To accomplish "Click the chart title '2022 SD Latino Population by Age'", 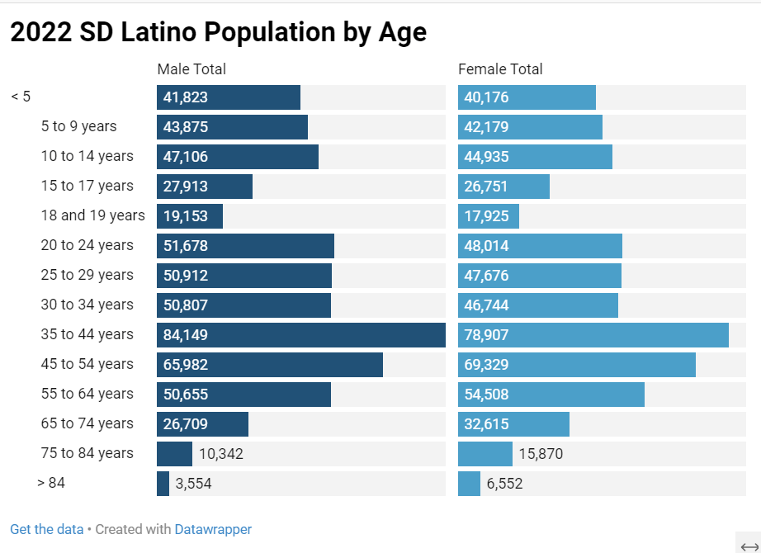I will pos(218,32).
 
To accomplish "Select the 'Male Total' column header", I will pos(191,69).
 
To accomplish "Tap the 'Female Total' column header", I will pos(500,69).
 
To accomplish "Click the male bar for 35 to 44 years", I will pos(301,335).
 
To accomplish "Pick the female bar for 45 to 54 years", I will pos(577,365).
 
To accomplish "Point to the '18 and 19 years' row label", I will pos(92,215).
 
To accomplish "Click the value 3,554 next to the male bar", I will pos(194,484).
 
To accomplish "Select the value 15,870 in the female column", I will pos(541,454).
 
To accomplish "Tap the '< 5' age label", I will pos(21,97).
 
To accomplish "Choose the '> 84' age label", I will pos(51,483).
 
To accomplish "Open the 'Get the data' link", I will pos(46,529).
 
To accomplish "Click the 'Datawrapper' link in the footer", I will pos(213,529).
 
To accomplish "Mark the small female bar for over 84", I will pos(469,484).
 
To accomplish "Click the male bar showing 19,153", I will pos(190,216).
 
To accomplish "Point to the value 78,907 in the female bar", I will pos(486,335).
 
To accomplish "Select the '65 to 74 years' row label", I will pos(87,423).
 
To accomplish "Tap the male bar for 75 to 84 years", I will pos(174,454).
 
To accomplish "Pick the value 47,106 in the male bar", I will pos(186,157).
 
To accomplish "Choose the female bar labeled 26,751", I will pos(503,187).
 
